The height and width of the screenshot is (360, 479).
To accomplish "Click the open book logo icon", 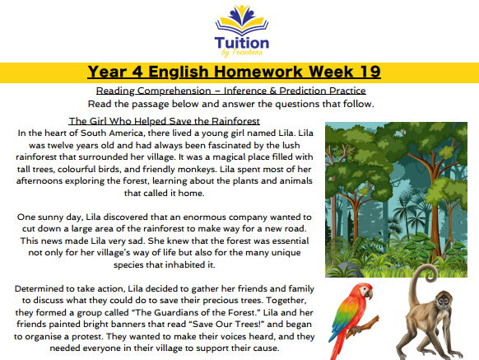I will coord(240,17).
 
